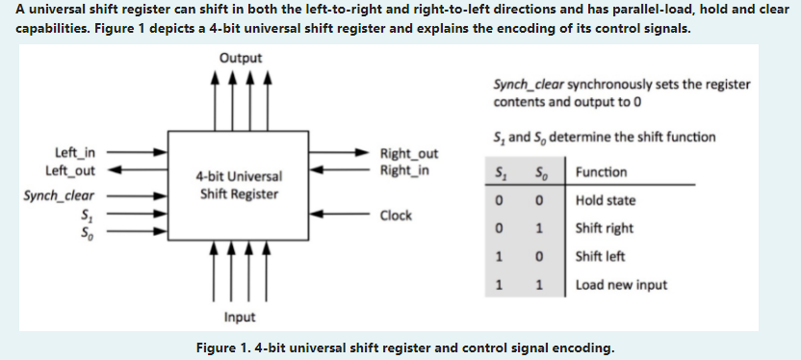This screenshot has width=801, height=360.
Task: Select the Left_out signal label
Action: tap(70, 170)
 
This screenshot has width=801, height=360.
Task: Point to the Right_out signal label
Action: tap(409, 154)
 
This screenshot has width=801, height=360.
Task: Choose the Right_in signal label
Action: tap(405, 170)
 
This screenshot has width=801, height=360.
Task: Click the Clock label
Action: tap(396, 216)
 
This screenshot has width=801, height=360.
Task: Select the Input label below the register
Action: tap(240, 317)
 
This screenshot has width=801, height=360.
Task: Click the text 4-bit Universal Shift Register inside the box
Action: tap(239, 186)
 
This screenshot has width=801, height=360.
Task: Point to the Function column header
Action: tap(601, 172)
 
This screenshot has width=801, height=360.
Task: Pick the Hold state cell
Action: tap(606, 201)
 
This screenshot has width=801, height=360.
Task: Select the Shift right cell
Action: tap(604, 229)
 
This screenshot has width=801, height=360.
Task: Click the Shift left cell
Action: tap(601, 257)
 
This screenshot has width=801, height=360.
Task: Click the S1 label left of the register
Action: tap(89, 215)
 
